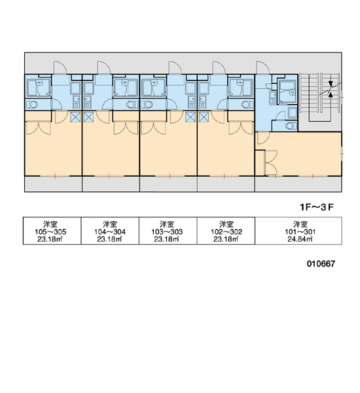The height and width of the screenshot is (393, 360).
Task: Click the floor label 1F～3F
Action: pyautogui.click(x=317, y=207)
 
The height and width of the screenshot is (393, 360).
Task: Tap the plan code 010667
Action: pyautogui.click(x=321, y=263)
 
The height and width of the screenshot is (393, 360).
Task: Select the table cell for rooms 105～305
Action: pyautogui.click(x=52, y=231)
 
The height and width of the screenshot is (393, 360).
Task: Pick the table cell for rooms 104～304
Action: pyautogui.click(x=110, y=231)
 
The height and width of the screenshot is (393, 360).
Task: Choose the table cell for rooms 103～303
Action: pyautogui.click(x=168, y=231)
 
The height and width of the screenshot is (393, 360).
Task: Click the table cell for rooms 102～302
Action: pyautogui.click(x=226, y=231)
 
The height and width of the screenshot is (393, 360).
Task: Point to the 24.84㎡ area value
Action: pyautogui.click(x=300, y=239)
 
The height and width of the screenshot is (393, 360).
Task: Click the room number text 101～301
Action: pyautogui.click(x=300, y=232)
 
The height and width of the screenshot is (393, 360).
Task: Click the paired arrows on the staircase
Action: pyautogui.click(x=331, y=89)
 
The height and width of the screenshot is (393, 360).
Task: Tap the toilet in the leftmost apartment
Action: pyautogui.click(x=31, y=105)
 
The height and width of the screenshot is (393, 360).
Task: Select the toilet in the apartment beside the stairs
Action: pyautogui.click(x=291, y=126)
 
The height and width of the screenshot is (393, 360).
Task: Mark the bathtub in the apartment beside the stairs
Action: pyautogui.click(x=287, y=92)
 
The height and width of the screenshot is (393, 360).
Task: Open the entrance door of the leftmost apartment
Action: pyautogui.click(x=60, y=67)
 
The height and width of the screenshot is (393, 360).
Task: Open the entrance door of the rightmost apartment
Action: pyautogui.click(x=262, y=67)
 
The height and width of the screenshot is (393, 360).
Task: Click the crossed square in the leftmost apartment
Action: pyautogui.click(x=75, y=117)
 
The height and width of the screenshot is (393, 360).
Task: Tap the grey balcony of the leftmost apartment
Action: pyautogui.click(x=53, y=184)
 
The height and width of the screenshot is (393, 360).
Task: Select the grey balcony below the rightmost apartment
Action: pyautogui.click(x=298, y=184)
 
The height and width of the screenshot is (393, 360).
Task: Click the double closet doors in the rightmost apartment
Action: pyautogui.click(x=272, y=162)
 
